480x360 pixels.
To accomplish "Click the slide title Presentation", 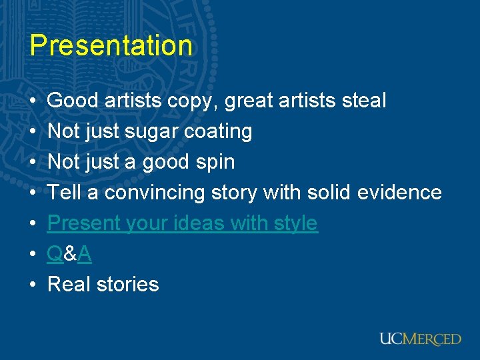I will coord(111,45).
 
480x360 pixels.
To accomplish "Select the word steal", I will coord(363,101).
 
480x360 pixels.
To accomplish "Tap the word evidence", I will coord(399,193).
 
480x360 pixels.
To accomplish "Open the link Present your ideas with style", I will coord(183,223).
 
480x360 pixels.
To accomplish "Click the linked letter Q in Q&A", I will coord(55,254).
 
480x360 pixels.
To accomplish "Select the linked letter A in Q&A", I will coord(85,254).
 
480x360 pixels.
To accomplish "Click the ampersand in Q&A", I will coord(70,254).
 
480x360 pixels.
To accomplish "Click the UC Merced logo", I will coord(420,339).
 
